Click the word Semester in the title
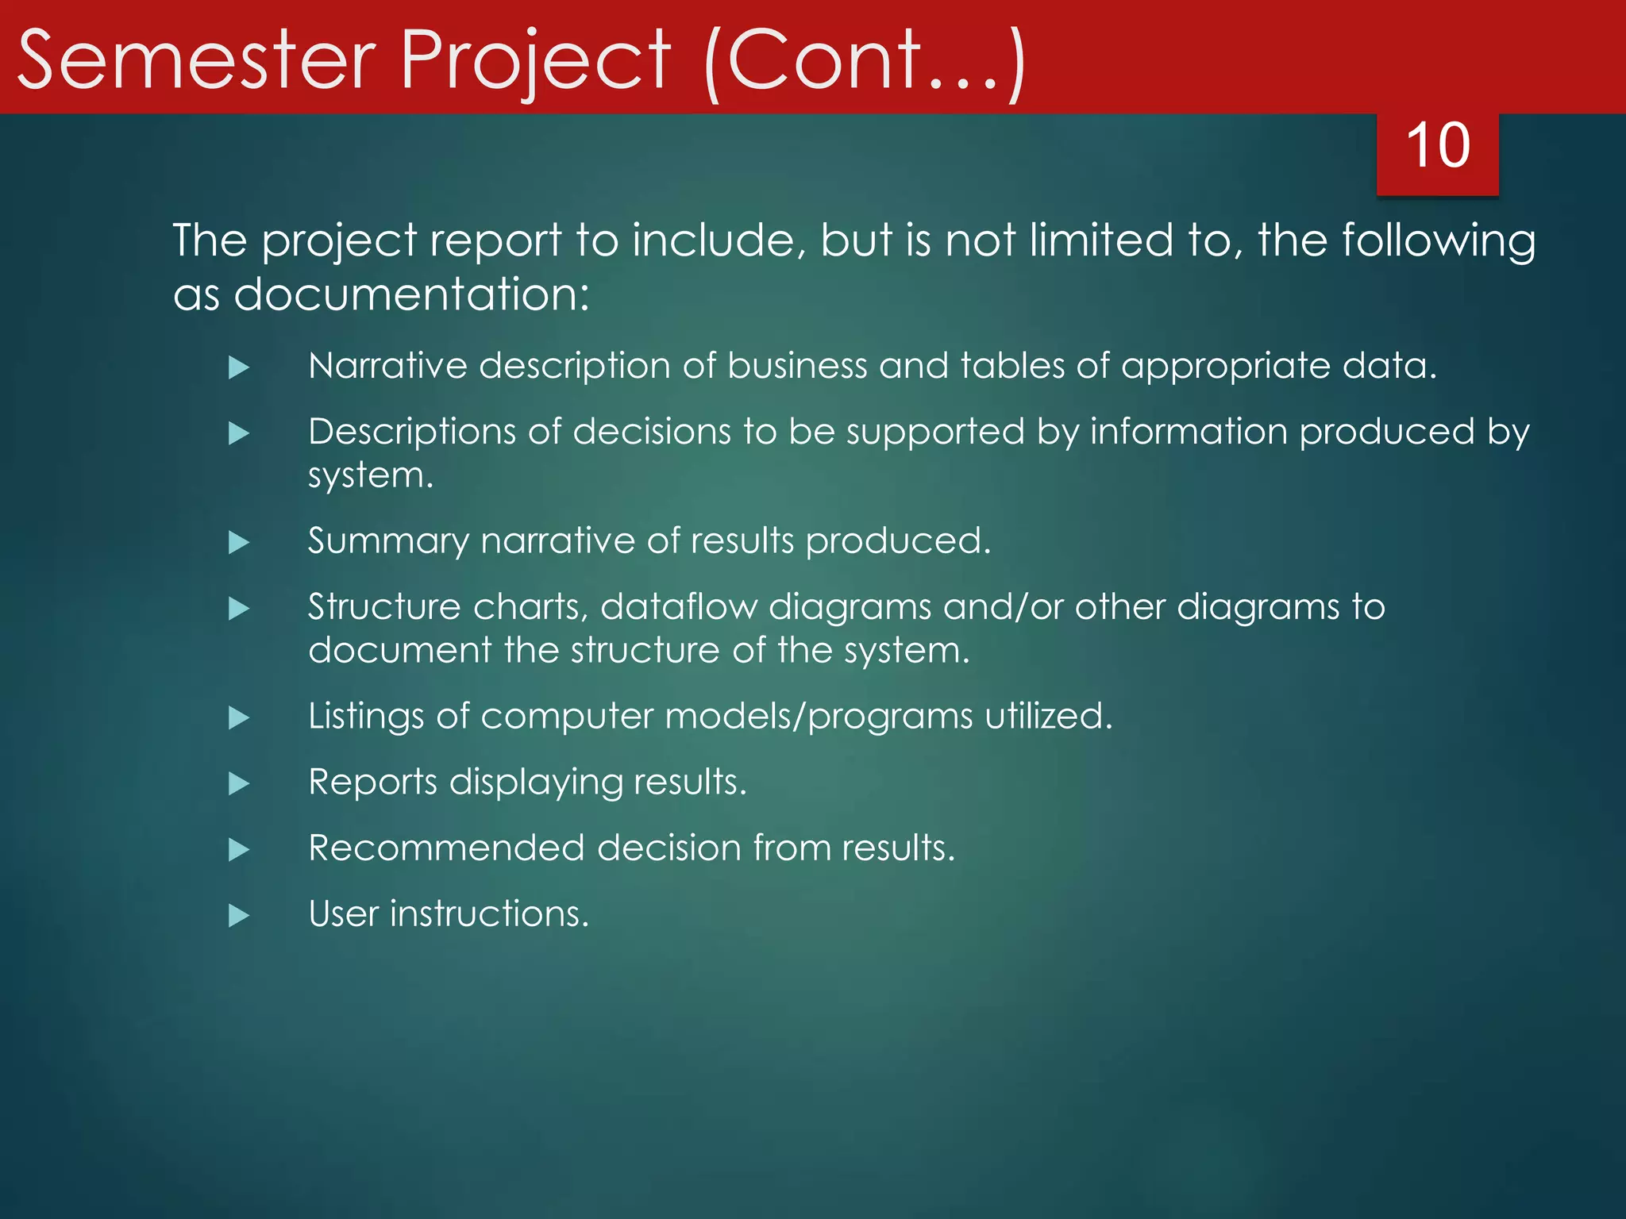[x=196, y=60]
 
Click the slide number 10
[x=1437, y=146]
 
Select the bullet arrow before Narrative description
[x=239, y=367]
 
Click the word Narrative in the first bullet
[x=387, y=366]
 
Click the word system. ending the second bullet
[x=371, y=476]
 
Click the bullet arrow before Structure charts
[x=239, y=609]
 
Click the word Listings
[x=366, y=717]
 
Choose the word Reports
[x=372, y=783]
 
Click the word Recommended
[x=446, y=848]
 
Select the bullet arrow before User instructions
[x=239, y=916]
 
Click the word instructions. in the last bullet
[x=489, y=914]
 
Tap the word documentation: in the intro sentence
[x=411, y=294]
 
